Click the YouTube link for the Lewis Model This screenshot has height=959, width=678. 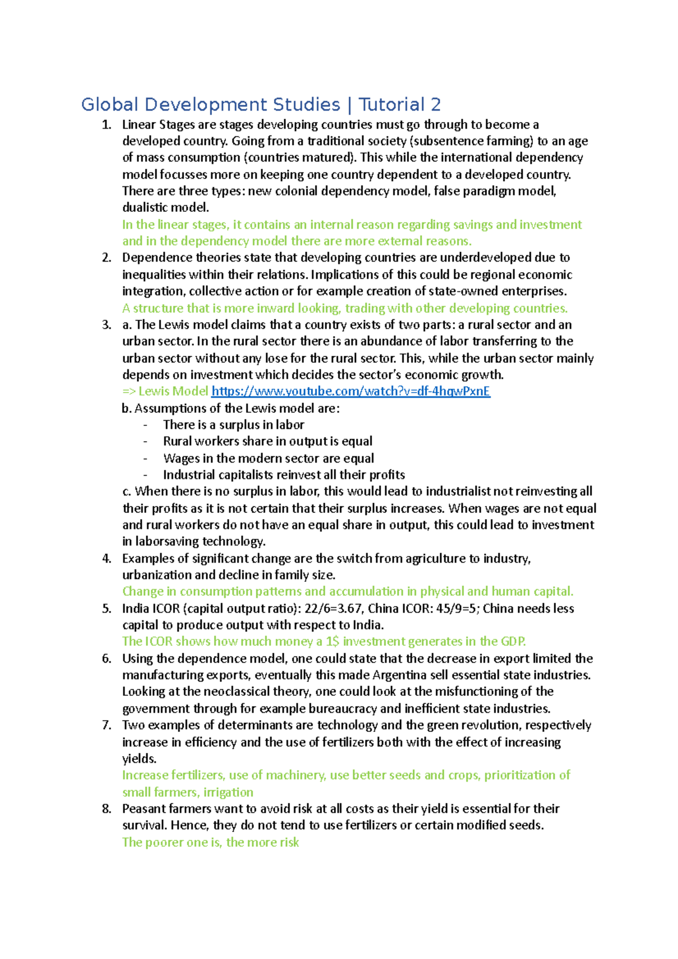point(350,391)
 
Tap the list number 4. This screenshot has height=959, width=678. point(107,559)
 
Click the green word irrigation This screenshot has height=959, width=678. point(228,792)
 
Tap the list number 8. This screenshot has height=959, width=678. point(107,809)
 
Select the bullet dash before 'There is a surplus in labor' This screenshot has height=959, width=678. point(145,425)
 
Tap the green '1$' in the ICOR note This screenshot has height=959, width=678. point(332,642)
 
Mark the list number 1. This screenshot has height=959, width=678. point(107,125)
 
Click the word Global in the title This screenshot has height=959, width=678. point(110,104)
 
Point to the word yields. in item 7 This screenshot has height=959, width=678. point(140,759)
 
